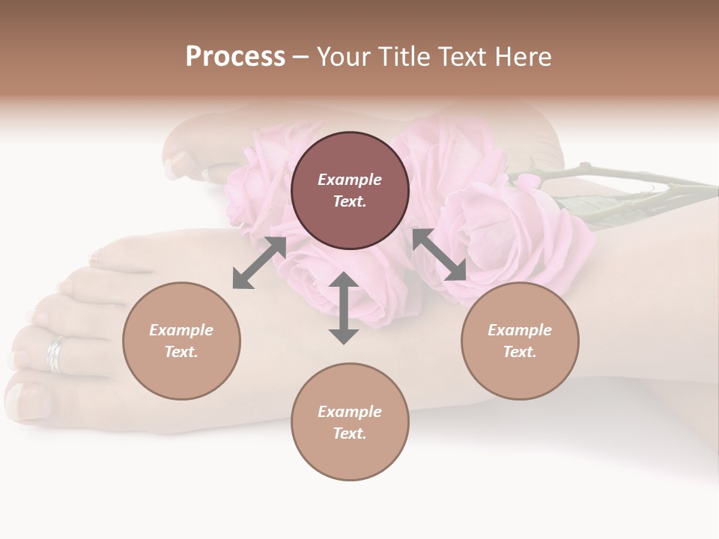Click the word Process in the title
(x=235, y=57)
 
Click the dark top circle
(x=350, y=191)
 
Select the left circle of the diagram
(x=181, y=341)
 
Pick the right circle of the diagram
(x=520, y=341)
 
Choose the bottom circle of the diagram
(x=350, y=422)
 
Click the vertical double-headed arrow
(x=344, y=308)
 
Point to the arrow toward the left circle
(x=259, y=262)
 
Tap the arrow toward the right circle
(x=440, y=255)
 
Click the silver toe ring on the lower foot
(x=55, y=354)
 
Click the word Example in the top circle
(x=350, y=180)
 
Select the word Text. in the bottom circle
(x=350, y=433)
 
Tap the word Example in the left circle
(x=181, y=330)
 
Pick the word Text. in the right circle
(x=520, y=352)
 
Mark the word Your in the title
(x=343, y=57)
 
